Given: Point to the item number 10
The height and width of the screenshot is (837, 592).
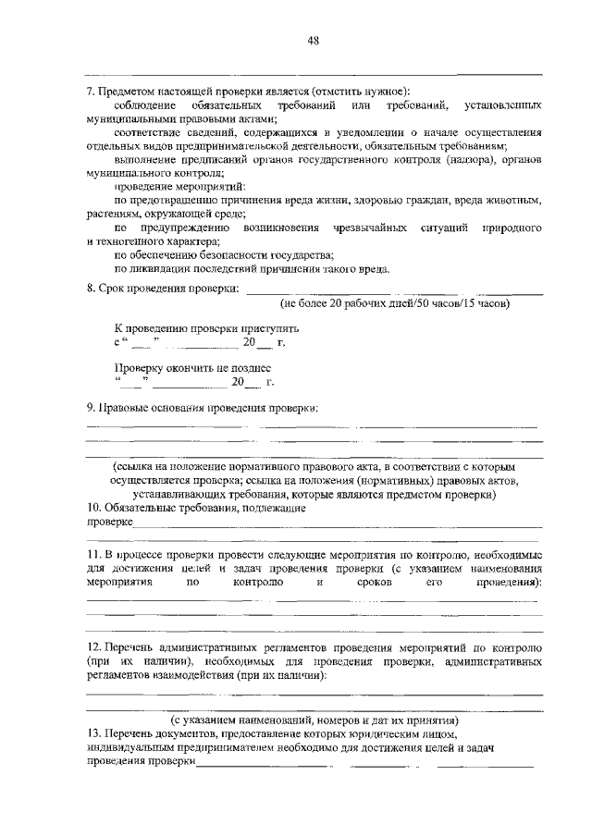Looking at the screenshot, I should [92, 508].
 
